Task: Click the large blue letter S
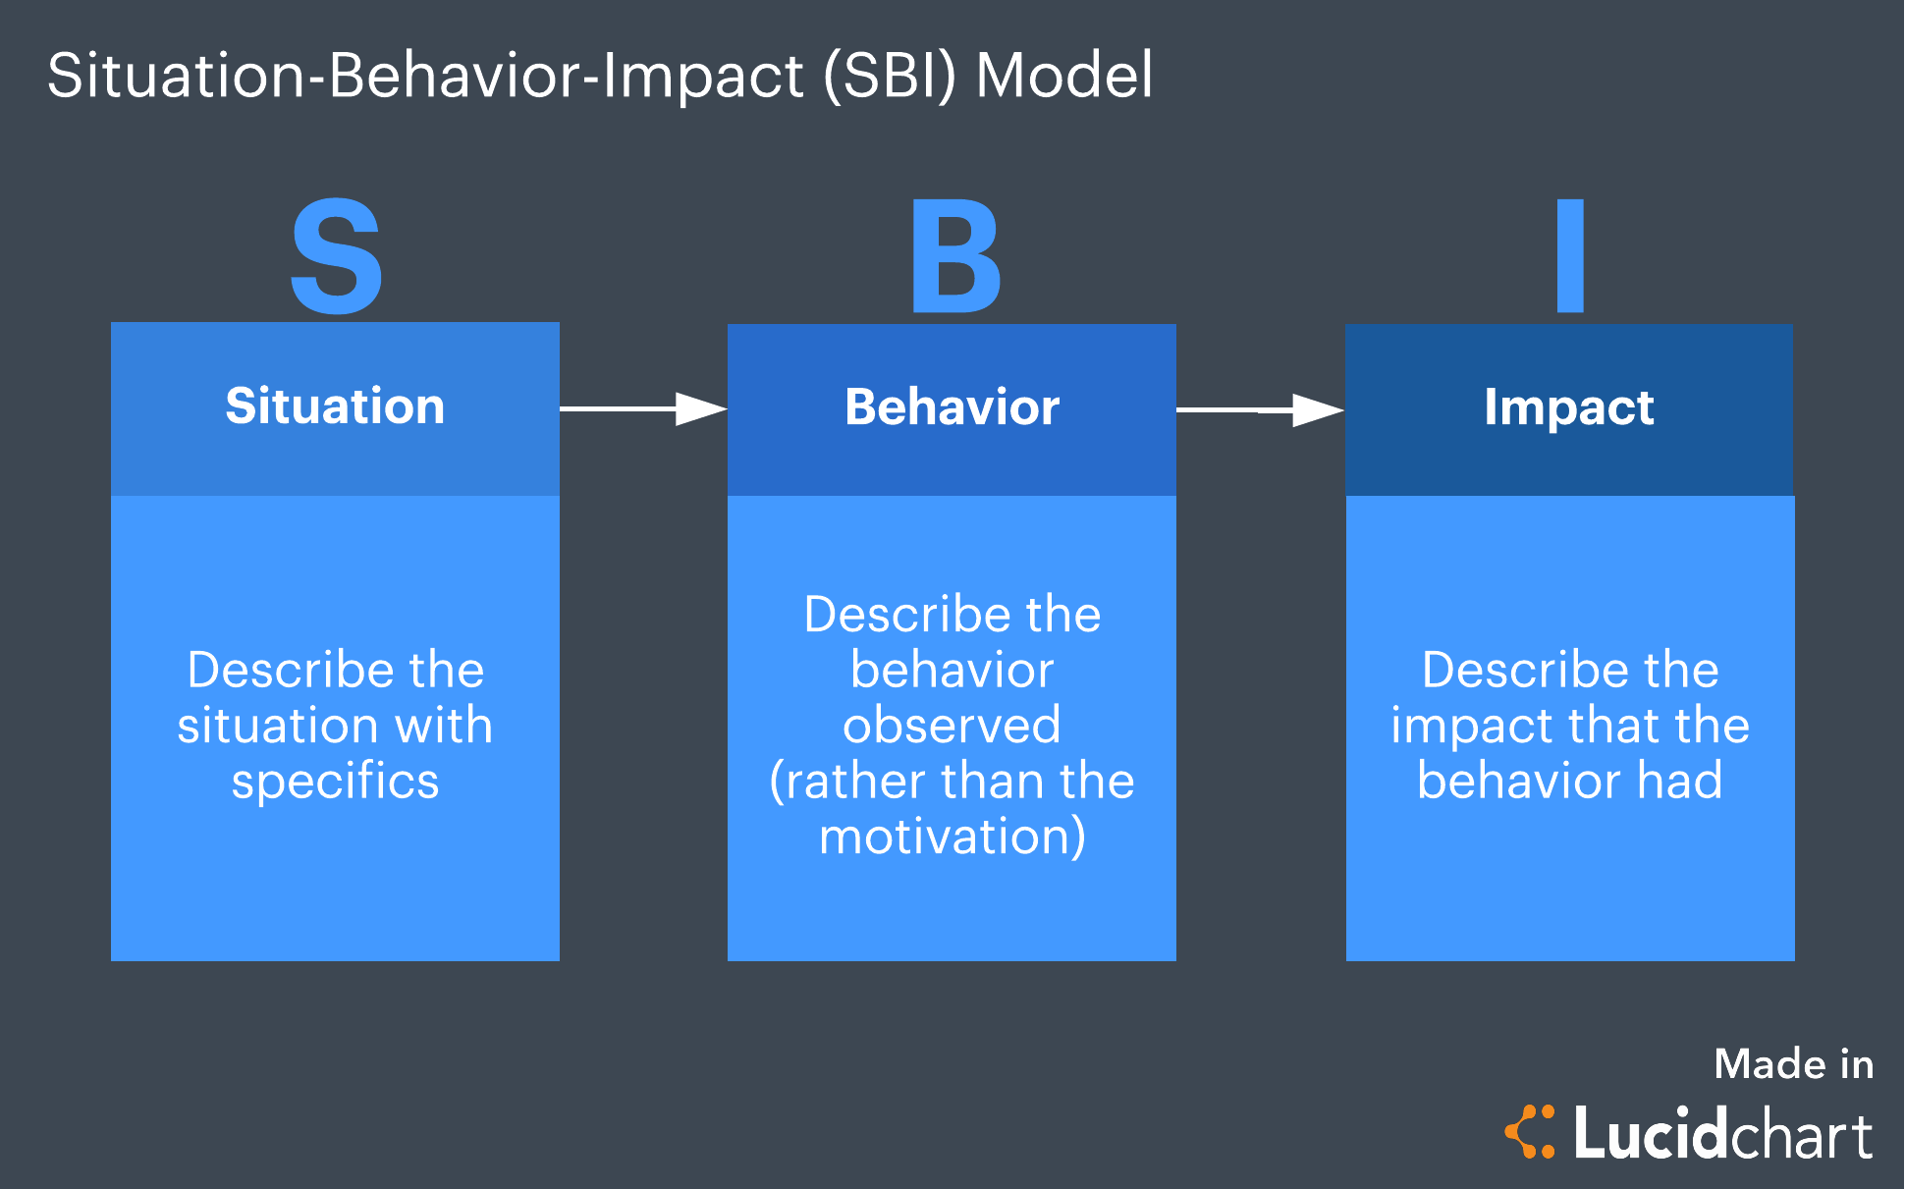[x=336, y=257]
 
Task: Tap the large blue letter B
[x=955, y=257]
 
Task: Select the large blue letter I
[x=1570, y=256]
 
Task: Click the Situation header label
[x=335, y=406]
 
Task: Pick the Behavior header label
[x=952, y=407]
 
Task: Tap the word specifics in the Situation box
[x=335, y=783]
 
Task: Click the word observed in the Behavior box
[x=952, y=726]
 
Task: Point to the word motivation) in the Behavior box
[x=952, y=837]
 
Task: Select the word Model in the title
[x=1063, y=76]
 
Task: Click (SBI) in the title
[x=889, y=77]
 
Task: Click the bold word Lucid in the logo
[x=1650, y=1134]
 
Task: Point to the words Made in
[x=1793, y=1064]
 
